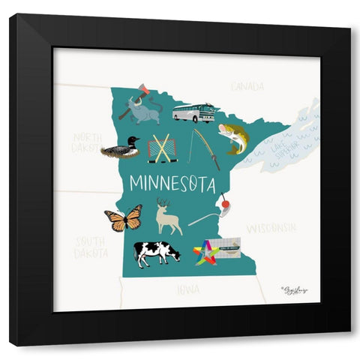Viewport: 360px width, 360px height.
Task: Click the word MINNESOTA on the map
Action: coord(172,183)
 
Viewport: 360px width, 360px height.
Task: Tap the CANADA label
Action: coord(247,87)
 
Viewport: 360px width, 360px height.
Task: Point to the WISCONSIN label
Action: coord(271,226)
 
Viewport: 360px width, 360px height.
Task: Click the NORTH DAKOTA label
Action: coord(88,142)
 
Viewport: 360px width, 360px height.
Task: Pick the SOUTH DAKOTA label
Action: coord(91,247)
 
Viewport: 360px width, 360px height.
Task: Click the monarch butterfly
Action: coord(124,219)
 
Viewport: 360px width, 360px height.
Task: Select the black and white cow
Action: coord(157,253)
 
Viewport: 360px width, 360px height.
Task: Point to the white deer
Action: coord(167,217)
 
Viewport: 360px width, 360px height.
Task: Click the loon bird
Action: coord(121,148)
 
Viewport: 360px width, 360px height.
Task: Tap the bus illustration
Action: coord(193,113)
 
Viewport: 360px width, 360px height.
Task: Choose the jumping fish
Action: coord(232,137)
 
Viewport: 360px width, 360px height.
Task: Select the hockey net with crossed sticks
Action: coord(162,148)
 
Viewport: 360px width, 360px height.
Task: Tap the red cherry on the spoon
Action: coord(223,202)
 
